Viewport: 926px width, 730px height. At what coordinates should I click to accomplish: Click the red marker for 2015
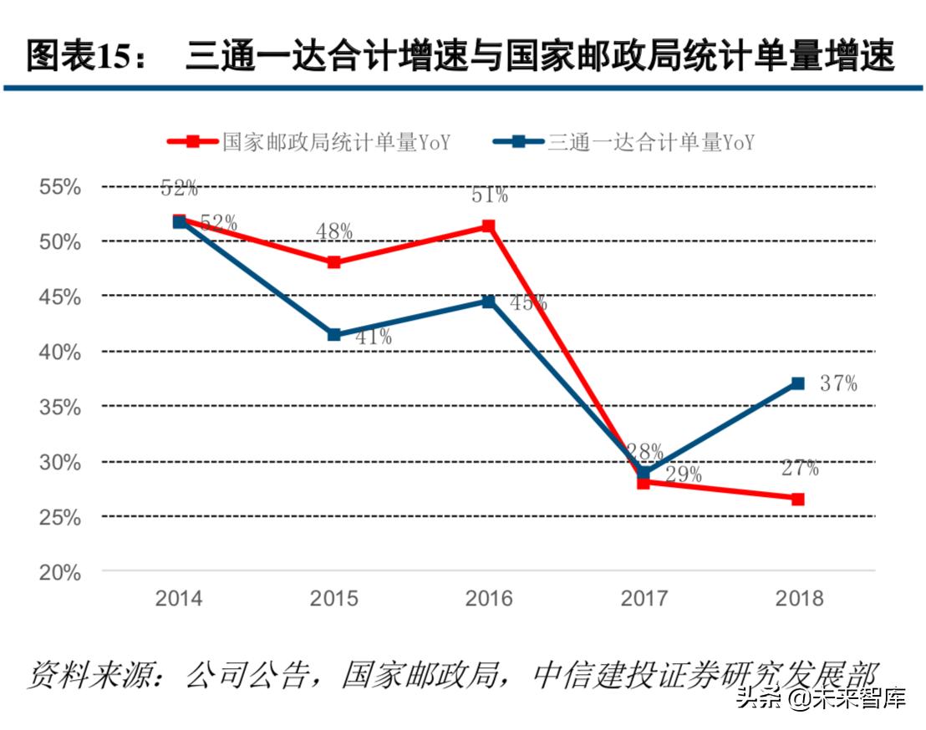334,262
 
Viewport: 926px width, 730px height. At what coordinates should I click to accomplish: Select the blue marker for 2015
334,335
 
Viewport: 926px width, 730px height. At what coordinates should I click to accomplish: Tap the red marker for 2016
489,226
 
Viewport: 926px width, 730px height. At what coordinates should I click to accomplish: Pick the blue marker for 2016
489,301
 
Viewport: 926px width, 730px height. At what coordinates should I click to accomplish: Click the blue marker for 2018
798,383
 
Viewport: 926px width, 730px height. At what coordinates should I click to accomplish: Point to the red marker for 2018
798,499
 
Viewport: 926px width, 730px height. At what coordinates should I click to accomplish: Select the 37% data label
837,383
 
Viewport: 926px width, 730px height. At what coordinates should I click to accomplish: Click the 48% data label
334,231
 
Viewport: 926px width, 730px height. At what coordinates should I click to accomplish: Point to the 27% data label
800,469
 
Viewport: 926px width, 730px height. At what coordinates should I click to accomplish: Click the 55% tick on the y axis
61,186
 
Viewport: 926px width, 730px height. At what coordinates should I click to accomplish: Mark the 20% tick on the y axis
61,573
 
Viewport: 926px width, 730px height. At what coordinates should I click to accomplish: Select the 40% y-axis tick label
61,352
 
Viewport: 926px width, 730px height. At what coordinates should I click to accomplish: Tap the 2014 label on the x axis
179,599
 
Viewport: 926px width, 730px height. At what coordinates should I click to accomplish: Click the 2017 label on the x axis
644,599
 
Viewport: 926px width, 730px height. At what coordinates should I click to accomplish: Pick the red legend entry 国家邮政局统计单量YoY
309,142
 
